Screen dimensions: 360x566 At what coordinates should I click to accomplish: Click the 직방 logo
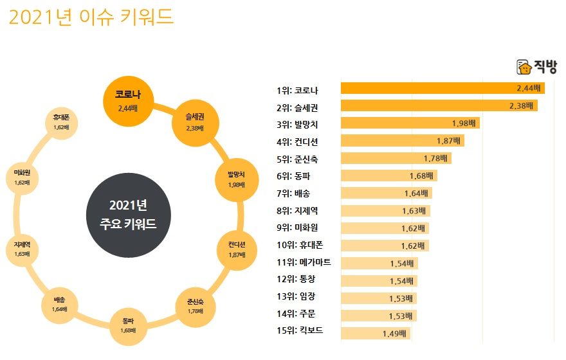coord(536,67)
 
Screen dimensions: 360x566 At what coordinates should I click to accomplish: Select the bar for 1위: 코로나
coord(443,89)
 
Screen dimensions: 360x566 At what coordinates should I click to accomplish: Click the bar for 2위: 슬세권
coord(439,105)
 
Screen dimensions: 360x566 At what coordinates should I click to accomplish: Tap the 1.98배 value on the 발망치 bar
coord(463,123)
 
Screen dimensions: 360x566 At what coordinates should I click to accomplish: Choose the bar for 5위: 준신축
coord(396,158)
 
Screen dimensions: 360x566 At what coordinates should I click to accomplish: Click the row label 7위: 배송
coord(293,193)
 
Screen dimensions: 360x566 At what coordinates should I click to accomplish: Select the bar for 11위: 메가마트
coord(379,263)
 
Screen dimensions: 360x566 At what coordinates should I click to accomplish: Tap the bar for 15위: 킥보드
coord(375,332)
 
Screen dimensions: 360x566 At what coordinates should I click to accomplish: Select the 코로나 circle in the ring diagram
coord(129,101)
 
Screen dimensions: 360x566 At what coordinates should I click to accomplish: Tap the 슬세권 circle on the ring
coord(194,122)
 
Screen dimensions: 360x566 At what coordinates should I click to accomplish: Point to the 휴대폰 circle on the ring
coord(62,122)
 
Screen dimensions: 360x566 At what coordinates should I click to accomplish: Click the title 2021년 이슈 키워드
coord(91,17)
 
